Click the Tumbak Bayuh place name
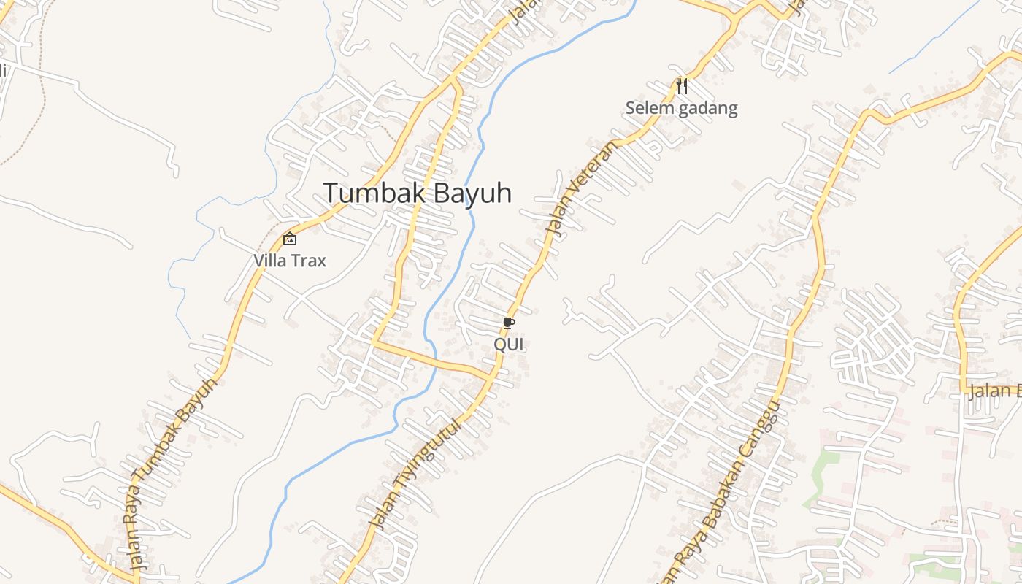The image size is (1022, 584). pos(417,193)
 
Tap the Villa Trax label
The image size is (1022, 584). pos(290,261)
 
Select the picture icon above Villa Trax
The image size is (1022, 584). pos(290,238)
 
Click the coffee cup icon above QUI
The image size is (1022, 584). pos(509,323)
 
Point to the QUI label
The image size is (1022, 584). pos(509,344)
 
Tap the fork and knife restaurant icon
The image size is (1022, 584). pos(682,86)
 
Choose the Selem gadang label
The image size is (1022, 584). pos(681,109)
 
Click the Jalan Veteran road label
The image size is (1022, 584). pos(581,188)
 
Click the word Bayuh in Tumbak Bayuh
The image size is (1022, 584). pos(472,193)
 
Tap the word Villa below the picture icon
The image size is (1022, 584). pos(270,261)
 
